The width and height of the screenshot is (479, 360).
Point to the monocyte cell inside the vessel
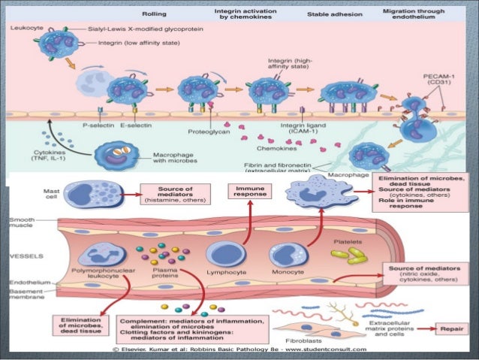click(x=288, y=253)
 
